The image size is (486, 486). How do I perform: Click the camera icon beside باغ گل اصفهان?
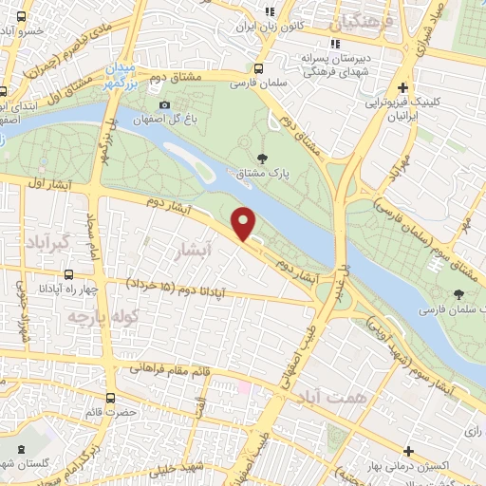click(165, 104)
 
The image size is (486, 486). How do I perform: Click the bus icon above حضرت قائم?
click(112, 398)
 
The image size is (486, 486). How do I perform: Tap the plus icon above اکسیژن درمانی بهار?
click(408, 450)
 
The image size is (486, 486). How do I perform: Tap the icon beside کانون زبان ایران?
click(269, 11)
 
